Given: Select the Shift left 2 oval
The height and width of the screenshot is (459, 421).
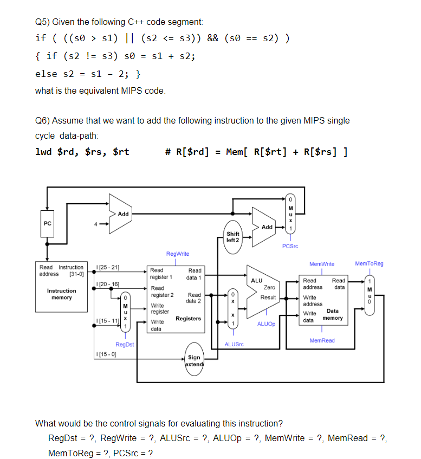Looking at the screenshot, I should [233, 237].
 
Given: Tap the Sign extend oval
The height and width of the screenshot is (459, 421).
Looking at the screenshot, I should [194, 360].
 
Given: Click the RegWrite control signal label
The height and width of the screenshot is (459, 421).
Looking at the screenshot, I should [178, 254].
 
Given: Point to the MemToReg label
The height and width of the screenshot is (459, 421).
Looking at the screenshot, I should [369, 263].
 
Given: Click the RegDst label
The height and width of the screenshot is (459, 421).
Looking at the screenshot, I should [125, 344].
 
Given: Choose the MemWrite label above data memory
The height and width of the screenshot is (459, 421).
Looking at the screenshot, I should [321, 264].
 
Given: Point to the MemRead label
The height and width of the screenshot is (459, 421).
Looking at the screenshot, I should [322, 340].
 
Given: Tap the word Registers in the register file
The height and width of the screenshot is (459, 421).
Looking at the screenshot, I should [188, 319].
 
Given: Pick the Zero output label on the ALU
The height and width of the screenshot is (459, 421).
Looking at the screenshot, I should [269, 287].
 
